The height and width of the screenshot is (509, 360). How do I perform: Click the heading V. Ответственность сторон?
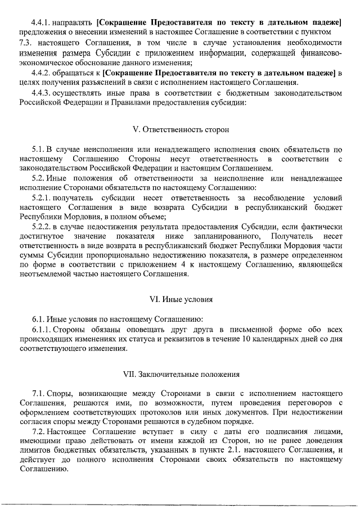pos(181,129)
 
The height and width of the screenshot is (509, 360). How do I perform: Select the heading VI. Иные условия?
pos(181,299)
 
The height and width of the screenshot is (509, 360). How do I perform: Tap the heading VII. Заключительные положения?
pos(181,374)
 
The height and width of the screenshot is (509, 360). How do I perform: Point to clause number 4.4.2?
pos(42,73)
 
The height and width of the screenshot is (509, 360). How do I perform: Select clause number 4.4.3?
pos(42,93)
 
